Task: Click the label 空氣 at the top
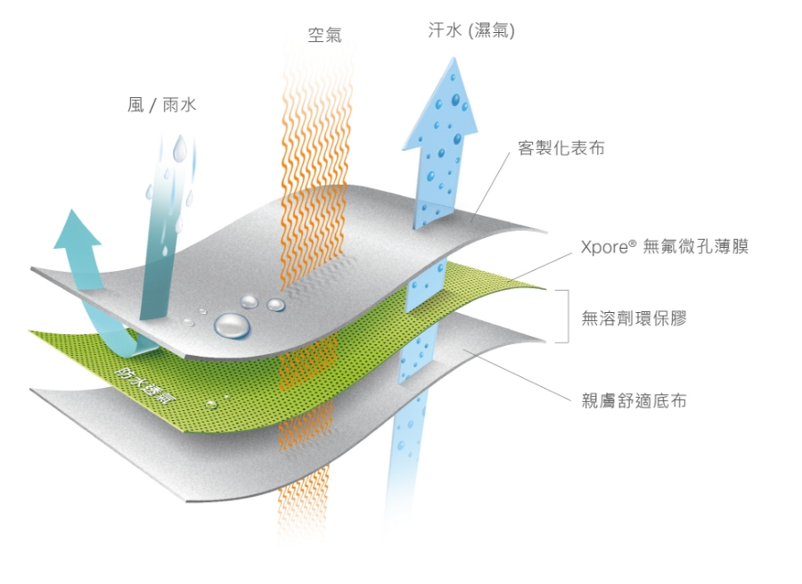tap(324, 35)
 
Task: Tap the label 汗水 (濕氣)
tap(471, 30)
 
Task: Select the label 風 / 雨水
tap(161, 105)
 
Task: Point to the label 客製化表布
tap(561, 148)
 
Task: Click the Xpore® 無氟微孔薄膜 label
tap(665, 247)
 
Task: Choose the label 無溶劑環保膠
tap(634, 318)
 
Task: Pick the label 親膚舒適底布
tap(634, 400)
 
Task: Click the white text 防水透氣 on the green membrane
tap(142, 385)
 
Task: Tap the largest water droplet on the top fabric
tap(233, 326)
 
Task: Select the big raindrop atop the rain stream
tap(179, 147)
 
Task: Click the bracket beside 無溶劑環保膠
tap(565, 316)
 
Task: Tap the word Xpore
tap(604, 248)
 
